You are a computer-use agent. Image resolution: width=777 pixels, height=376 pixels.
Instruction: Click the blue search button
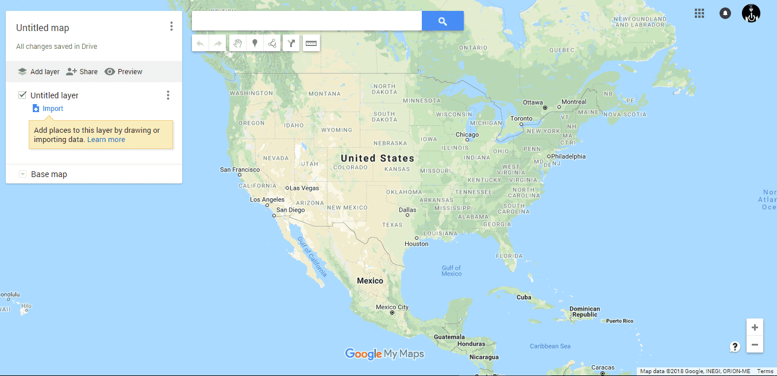coord(443,21)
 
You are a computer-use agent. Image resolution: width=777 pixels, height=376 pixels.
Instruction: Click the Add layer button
coord(39,72)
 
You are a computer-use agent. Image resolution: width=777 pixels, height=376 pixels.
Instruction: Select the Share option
coord(82,72)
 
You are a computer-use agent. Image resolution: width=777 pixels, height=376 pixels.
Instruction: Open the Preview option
coord(123,72)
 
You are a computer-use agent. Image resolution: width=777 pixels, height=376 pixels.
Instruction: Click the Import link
coord(52,109)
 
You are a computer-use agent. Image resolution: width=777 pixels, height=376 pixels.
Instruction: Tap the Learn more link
coord(106,140)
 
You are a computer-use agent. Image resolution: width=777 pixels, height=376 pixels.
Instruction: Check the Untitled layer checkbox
coord(23,95)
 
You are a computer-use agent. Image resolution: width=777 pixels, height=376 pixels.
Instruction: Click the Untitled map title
coord(43,28)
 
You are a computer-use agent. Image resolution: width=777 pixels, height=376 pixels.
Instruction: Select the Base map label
coord(49,174)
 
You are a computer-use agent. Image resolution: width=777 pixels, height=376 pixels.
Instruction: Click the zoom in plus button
coord(755,327)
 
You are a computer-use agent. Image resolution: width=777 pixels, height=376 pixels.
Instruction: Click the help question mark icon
coord(734,347)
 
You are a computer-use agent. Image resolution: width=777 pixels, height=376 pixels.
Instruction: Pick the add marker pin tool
coord(255,43)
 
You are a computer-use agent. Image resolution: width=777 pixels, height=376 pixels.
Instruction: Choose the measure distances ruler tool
coord(311,43)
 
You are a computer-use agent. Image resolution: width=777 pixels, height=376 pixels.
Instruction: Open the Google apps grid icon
coord(699,13)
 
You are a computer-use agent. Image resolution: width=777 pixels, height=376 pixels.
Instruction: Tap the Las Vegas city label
coord(304,188)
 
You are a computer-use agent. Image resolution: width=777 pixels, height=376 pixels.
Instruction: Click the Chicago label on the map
coord(467,135)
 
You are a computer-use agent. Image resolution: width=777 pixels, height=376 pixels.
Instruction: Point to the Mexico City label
coord(392,307)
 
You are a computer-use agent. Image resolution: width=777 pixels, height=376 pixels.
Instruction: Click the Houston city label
coord(417,244)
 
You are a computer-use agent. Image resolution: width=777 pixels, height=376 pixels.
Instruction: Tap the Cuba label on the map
coord(524,297)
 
